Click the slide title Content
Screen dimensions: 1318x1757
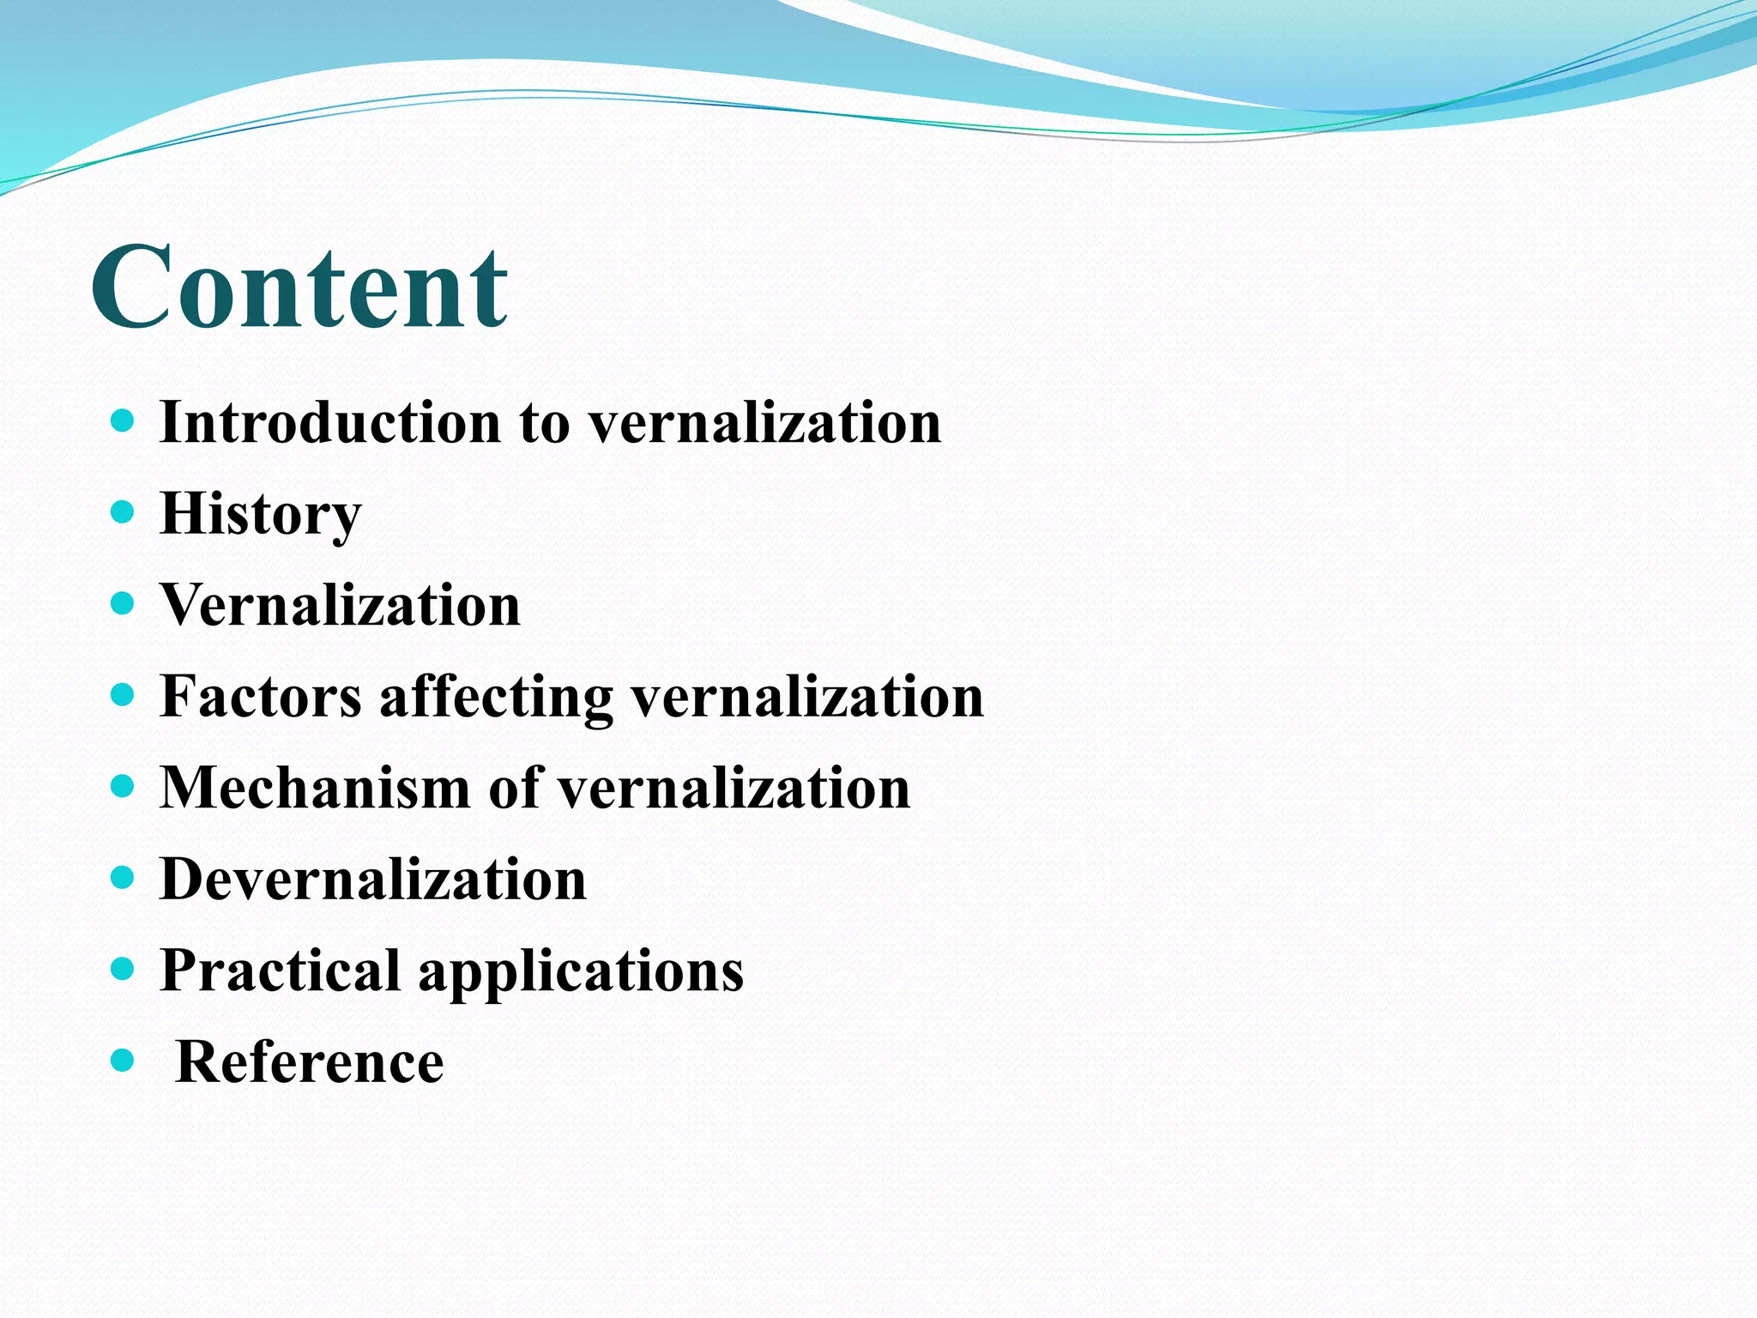[299, 287]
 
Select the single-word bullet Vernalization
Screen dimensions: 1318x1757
[341, 605]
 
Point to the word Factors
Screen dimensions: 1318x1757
[261, 696]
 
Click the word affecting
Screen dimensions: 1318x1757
[496, 698]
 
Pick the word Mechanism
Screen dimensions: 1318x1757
[315, 788]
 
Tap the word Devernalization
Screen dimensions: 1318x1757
[373, 880]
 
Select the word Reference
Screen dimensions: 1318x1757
[309, 1062]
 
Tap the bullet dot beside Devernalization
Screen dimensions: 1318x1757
[124, 878]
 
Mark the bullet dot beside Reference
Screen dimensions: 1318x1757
[124, 1061]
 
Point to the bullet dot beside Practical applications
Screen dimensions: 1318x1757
[124, 970]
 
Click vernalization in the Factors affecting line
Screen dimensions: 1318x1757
[807, 696]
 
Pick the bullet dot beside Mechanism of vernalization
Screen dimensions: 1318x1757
[124, 787]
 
